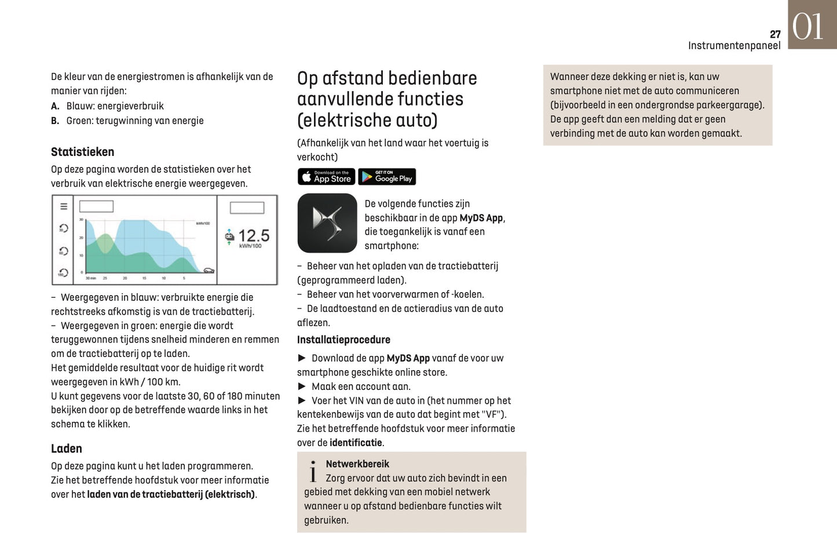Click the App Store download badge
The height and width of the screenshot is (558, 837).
click(x=326, y=177)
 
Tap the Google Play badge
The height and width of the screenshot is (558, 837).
click(x=387, y=177)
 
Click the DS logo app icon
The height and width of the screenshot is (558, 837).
click(x=327, y=223)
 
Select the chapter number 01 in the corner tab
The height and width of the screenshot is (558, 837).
click(x=808, y=27)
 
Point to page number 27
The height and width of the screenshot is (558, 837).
click(x=775, y=34)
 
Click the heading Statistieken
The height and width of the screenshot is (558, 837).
click(x=82, y=152)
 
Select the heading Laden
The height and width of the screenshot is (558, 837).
click(x=66, y=448)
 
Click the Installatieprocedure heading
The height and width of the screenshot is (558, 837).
click(x=343, y=340)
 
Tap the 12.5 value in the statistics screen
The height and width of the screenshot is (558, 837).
click(x=254, y=235)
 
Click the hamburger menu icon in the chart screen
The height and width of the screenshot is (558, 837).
click(x=64, y=206)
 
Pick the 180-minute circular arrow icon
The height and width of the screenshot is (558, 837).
click(x=63, y=272)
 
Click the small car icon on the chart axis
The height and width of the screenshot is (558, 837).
click(x=209, y=271)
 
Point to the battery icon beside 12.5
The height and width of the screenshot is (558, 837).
click(x=229, y=236)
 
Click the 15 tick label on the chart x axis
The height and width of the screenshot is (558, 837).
click(x=144, y=278)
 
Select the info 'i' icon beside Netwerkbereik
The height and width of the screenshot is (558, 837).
click(x=313, y=472)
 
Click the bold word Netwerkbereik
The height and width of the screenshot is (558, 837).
click(x=357, y=464)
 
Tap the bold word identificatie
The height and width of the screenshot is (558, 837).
click(x=356, y=443)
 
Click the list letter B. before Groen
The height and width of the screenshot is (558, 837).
click(x=55, y=121)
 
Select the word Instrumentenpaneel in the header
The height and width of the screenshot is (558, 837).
click(x=734, y=45)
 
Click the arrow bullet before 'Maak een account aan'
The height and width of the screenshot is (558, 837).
click(x=302, y=386)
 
